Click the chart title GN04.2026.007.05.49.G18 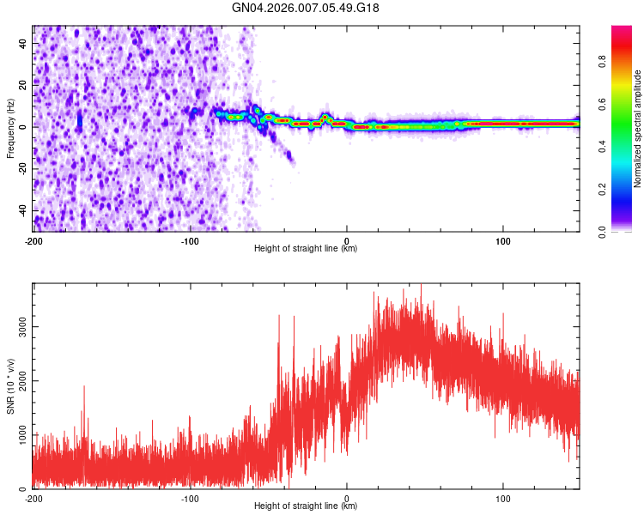(x=306, y=8)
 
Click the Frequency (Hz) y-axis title (x=10, y=126)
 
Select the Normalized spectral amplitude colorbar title (x=638, y=129)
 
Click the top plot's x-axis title (x=306, y=249)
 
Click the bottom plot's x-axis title (x=306, y=506)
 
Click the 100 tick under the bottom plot (x=503, y=498)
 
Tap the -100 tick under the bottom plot (x=190, y=498)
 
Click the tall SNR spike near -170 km (x=84, y=389)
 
